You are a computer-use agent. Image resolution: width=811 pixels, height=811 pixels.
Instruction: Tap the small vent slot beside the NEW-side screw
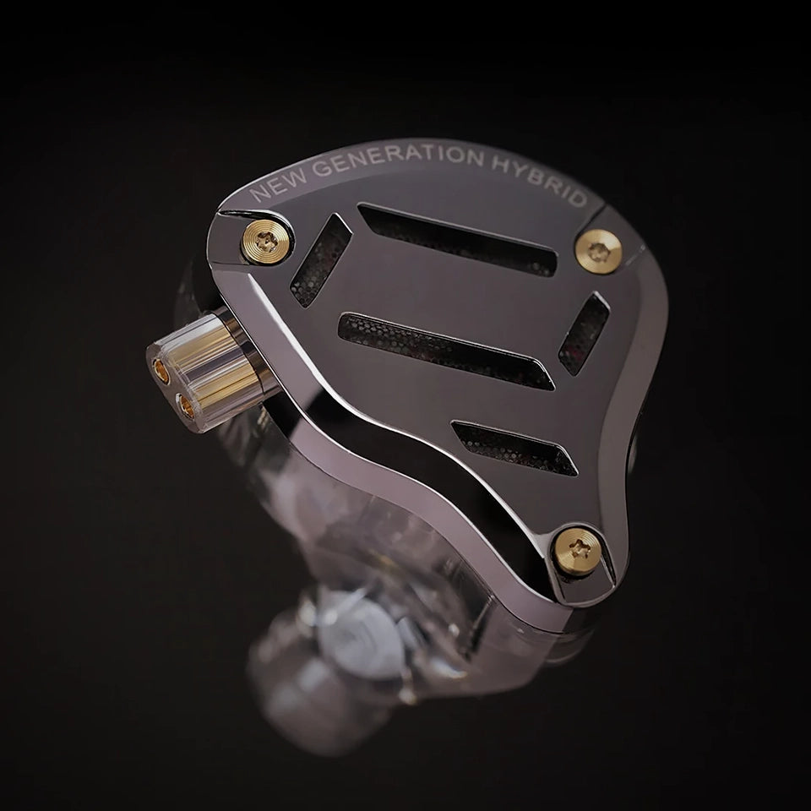(x=320, y=261)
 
